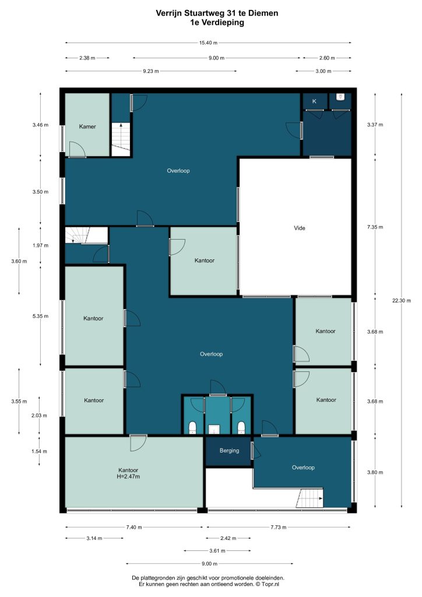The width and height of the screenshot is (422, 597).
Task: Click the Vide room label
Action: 300,228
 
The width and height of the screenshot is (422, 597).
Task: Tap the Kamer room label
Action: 87,127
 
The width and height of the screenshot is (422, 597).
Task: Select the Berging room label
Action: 230,451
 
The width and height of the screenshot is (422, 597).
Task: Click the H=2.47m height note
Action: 128,476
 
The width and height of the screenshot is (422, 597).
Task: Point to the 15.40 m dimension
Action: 208,43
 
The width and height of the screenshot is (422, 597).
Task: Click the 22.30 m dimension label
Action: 402,300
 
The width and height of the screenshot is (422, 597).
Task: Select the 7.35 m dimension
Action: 375,227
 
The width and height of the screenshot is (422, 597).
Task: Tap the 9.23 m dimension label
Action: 151,71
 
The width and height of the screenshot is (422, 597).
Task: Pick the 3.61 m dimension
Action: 217,550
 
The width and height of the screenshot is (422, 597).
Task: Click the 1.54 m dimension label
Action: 39,452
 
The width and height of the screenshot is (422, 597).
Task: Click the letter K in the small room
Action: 314,101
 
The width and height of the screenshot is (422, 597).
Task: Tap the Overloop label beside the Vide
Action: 178,171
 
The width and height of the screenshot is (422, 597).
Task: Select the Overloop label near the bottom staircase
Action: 303,468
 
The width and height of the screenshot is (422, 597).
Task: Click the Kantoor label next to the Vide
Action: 205,261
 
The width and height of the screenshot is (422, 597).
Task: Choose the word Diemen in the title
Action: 263,13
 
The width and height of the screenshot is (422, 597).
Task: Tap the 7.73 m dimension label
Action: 279,527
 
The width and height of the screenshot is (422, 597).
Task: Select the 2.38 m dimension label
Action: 87,58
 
